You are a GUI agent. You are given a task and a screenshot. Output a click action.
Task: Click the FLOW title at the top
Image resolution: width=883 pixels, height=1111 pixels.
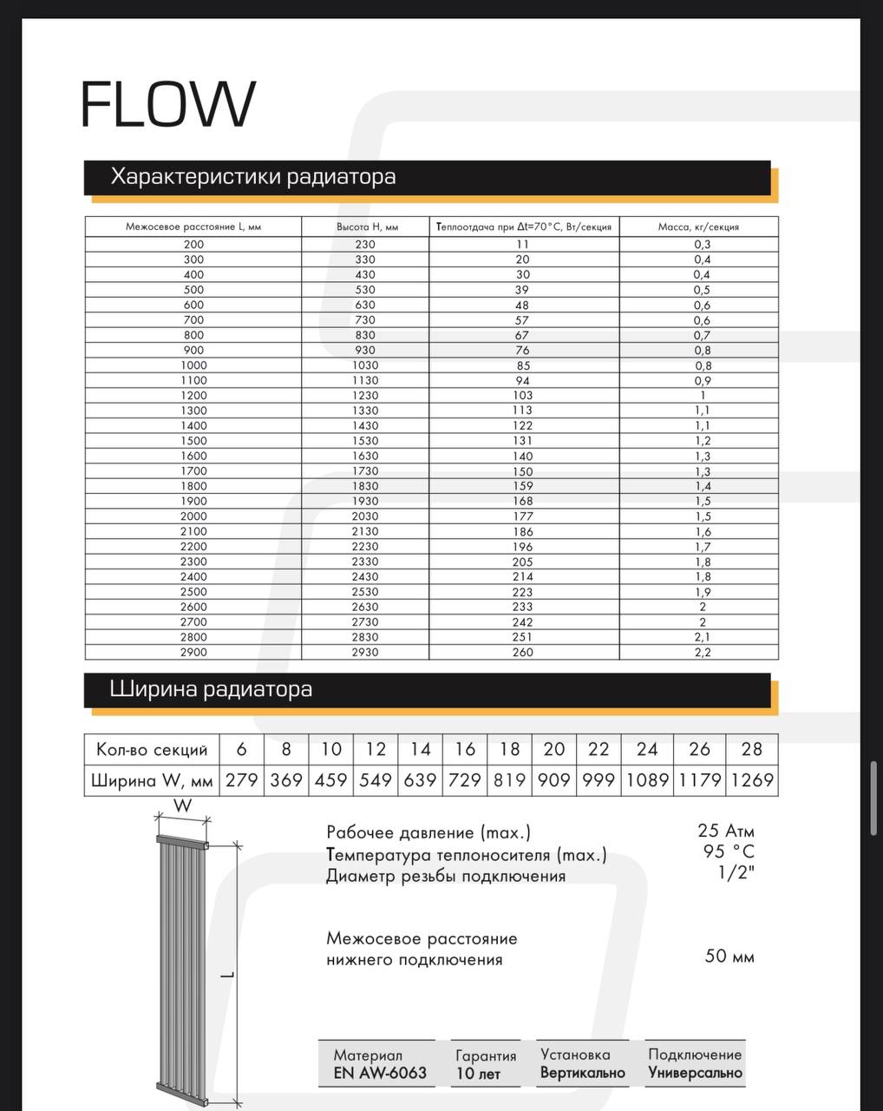pyautogui.click(x=168, y=104)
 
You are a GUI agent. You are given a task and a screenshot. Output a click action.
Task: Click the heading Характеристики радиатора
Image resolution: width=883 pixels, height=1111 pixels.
pyautogui.click(x=253, y=177)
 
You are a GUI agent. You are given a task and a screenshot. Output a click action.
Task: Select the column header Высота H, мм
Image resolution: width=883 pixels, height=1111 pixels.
pyautogui.click(x=367, y=227)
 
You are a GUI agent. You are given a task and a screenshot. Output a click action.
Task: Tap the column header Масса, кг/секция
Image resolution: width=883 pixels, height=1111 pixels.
pyautogui.click(x=698, y=227)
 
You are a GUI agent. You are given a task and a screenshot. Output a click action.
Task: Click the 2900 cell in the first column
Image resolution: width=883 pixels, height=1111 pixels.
pyautogui.click(x=193, y=652)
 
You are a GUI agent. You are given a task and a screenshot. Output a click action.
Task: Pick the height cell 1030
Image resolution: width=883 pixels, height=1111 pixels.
pyautogui.click(x=365, y=365)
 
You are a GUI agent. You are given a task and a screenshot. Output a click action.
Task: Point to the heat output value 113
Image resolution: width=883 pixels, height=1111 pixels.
pyautogui.click(x=523, y=411)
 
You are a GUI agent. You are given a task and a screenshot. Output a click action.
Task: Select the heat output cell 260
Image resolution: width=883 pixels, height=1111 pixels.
pyautogui.click(x=523, y=652)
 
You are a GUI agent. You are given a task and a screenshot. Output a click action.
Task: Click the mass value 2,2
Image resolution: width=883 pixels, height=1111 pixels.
pyautogui.click(x=702, y=652)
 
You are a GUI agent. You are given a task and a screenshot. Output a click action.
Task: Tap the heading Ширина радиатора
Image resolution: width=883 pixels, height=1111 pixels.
pyautogui.click(x=211, y=690)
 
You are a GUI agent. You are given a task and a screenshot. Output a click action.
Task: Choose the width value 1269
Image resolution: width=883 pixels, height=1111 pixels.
pyautogui.click(x=751, y=780)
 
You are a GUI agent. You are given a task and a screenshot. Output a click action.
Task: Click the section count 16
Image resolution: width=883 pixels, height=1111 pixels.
pyautogui.click(x=465, y=749)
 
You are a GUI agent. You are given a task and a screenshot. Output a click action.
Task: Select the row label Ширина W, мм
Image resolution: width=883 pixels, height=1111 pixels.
pyautogui.click(x=152, y=780)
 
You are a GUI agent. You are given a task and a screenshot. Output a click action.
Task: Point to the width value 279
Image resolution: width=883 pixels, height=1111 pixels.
pyautogui.click(x=242, y=780)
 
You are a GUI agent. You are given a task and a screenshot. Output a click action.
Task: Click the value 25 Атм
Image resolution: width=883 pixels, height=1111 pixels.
pyautogui.click(x=726, y=831)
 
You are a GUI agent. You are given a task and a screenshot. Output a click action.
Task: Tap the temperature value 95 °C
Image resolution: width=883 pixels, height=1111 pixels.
pyautogui.click(x=729, y=851)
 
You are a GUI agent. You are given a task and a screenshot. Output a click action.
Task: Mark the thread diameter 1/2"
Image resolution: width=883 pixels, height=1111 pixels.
pyautogui.click(x=736, y=873)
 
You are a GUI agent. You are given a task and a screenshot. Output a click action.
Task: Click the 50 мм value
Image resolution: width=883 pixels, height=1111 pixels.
pyautogui.click(x=729, y=957)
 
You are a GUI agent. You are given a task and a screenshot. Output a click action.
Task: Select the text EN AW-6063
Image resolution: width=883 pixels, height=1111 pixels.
pyautogui.click(x=380, y=1073)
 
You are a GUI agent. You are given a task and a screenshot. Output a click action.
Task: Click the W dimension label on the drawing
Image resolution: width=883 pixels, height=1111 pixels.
pyautogui.click(x=183, y=805)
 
